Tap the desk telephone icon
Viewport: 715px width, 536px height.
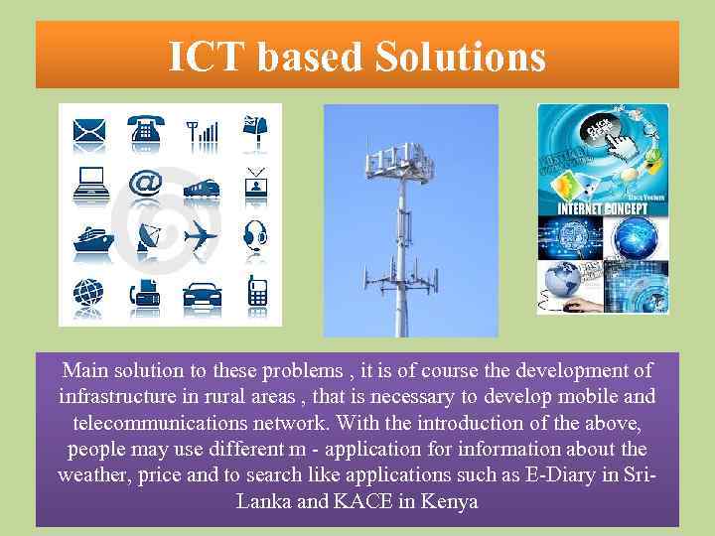(145, 129)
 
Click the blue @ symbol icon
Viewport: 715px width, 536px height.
(145, 184)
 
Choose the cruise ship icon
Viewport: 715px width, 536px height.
(88, 239)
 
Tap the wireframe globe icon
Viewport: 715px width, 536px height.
(87, 293)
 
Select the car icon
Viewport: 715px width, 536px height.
(202, 294)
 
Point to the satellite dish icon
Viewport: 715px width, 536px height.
(149, 237)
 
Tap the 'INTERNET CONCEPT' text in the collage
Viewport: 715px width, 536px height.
(603, 209)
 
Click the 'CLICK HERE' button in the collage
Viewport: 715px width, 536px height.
(602, 129)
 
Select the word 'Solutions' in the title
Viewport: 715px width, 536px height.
(461, 57)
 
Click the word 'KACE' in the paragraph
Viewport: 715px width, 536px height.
(362, 500)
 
